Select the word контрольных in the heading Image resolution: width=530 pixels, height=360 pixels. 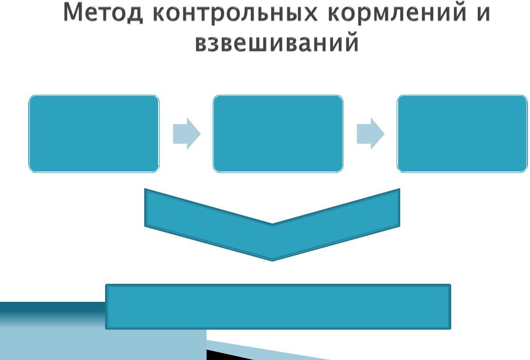point(235,13)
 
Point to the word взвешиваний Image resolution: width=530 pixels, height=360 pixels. point(277,42)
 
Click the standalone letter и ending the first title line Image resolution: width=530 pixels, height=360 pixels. point(483,13)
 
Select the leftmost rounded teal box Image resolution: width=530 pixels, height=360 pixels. point(94,134)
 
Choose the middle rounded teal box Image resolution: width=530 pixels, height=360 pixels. point(278,134)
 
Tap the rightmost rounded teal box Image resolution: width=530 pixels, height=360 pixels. point(462,134)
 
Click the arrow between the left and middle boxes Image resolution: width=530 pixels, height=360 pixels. point(186,134)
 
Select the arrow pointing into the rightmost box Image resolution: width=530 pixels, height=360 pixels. point(370,134)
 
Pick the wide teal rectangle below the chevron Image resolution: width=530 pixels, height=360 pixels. point(278,306)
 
